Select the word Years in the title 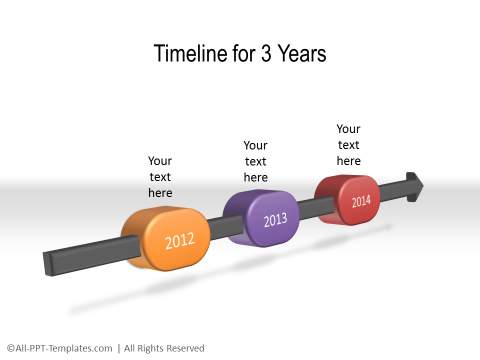click(x=301, y=54)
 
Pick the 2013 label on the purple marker click(x=275, y=220)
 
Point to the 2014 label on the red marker click(x=360, y=201)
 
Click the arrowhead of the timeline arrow click(x=414, y=186)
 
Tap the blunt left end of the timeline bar click(x=48, y=264)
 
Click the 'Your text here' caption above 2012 click(x=160, y=176)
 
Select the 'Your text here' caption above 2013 click(x=256, y=160)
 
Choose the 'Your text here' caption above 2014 click(x=348, y=144)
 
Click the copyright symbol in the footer click(x=9, y=348)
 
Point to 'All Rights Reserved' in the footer click(x=164, y=348)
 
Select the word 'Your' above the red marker click(x=348, y=129)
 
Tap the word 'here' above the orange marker click(x=160, y=192)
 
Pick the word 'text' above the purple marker click(x=256, y=161)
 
